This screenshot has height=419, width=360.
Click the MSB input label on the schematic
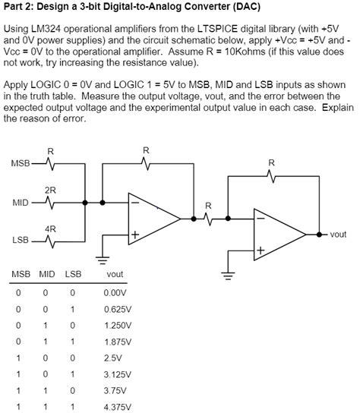[19, 163]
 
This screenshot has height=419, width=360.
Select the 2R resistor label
[49, 189]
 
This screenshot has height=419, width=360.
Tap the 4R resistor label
[49, 227]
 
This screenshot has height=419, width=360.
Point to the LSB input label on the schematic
[21, 240]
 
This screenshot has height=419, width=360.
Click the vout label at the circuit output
[338, 235]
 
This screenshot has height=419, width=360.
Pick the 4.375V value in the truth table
[117, 406]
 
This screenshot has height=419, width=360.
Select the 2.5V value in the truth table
[112, 357]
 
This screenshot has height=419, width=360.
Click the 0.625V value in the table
[117, 309]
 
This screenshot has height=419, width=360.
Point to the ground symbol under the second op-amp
[226, 275]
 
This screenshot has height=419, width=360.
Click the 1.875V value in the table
[117, 341]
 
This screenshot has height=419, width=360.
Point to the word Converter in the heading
[194, 8]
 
